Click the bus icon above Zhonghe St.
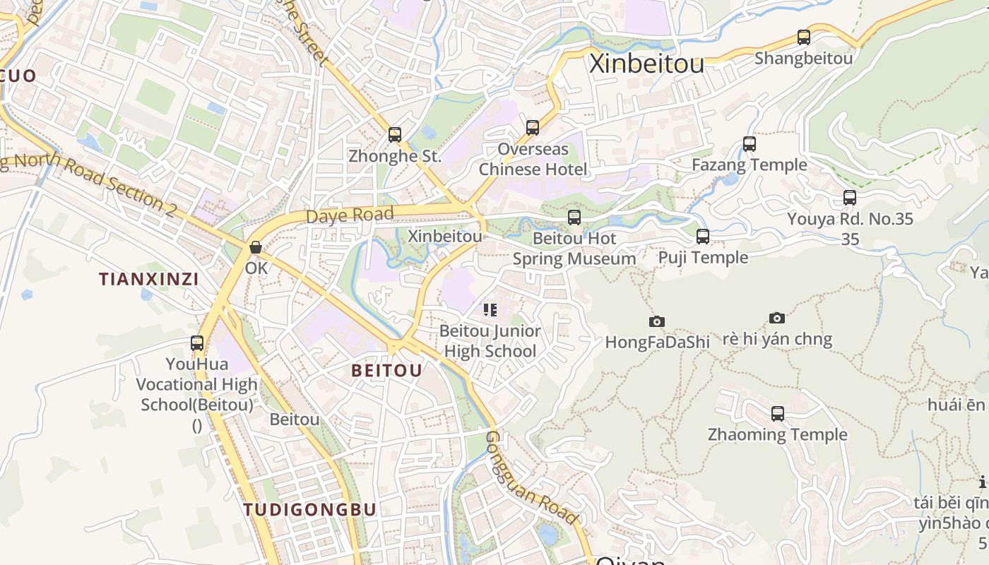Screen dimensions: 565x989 [395, 134]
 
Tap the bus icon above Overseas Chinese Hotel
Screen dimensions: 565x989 [533, 127]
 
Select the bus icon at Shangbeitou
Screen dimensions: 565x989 [803, 37]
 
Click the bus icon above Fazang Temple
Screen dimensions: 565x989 [750, 144]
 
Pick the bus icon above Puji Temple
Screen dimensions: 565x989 [703, 237]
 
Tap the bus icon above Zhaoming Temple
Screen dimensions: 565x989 [778, 414]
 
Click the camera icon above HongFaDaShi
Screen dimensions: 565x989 [657, 321]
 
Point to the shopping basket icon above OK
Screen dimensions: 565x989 [256, 247]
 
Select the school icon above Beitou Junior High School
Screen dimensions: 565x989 [490, 309]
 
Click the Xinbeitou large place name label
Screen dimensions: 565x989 [646, 64]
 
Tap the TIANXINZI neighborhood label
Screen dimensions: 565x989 [149, 279]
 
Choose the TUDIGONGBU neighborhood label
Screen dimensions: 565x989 [310, 509]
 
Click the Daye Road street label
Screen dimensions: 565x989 [350, 215]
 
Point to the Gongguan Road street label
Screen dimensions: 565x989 [531, 478]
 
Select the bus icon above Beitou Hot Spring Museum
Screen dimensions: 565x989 [574, 218]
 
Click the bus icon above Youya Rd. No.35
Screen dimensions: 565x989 [850, 198]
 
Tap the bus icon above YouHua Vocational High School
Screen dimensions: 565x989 [197, 343]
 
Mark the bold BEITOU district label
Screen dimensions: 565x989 [386, 371]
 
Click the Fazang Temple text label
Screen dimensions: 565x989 [750, 165]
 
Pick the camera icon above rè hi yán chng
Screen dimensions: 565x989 [777, 318]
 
